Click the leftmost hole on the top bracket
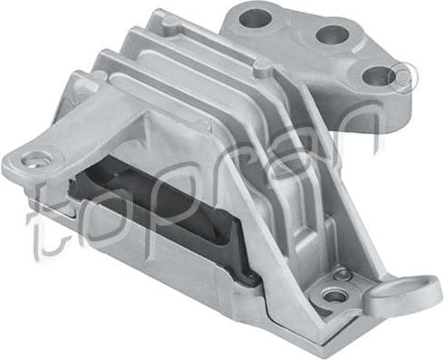(256, 16)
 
